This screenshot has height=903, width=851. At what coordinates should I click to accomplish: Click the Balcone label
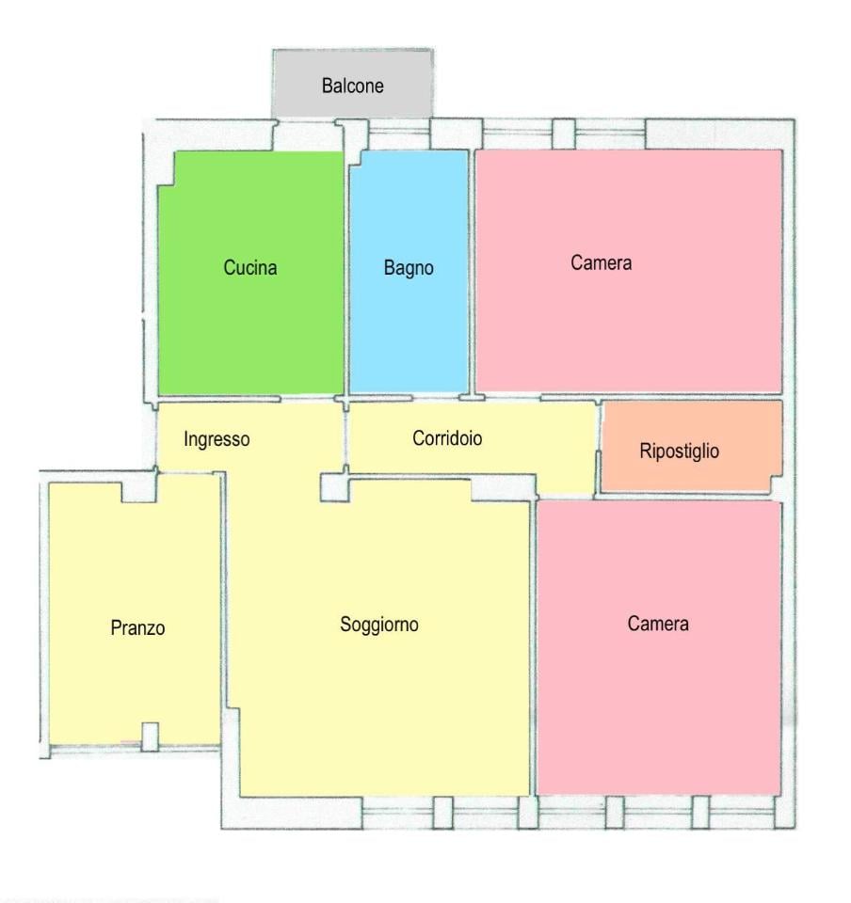[353, 86]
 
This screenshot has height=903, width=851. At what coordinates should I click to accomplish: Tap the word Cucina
[250, 268]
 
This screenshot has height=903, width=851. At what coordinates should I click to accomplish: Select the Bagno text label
[409, 268]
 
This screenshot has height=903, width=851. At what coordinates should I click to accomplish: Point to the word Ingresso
[217, 439]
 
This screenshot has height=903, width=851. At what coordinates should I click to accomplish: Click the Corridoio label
[447, 438]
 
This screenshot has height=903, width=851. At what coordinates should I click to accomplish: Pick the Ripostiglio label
[680, 451]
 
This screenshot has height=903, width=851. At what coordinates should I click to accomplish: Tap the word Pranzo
[137, 627]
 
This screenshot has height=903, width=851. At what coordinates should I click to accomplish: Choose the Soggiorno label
[379, 625]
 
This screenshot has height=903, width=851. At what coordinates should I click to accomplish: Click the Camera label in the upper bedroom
[601, 263]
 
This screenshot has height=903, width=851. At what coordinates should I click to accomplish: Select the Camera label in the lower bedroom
[658, 624]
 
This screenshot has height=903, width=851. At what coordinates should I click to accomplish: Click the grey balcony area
[353, 83]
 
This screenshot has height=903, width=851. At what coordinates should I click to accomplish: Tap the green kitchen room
[251, 273]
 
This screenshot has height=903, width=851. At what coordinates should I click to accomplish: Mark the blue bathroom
[409, 271]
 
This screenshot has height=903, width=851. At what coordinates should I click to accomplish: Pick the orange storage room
[691, 447]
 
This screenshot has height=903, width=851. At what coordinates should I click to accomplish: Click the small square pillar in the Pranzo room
[150, 737]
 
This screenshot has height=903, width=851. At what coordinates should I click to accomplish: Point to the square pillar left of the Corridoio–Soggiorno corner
[335, 487]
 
